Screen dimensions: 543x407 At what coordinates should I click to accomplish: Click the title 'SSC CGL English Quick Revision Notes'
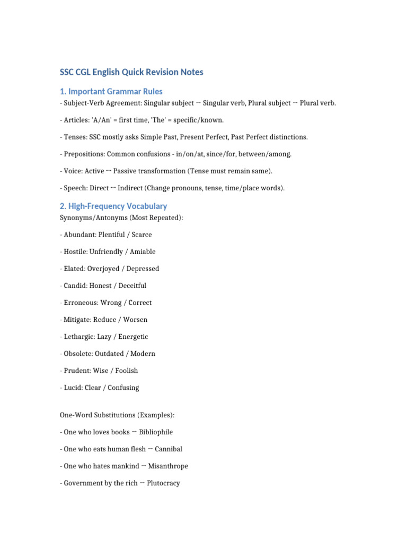[x=131, y=72]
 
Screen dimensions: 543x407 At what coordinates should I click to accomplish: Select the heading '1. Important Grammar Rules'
[x=111, y=91]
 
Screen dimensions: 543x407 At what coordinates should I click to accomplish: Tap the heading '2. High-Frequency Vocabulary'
[x=113, y=206]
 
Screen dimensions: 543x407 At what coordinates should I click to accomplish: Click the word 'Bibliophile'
[x=156, y=432]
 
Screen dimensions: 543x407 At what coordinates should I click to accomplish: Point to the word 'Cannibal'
[x=169, y=449]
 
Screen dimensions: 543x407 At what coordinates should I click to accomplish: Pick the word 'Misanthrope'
[x=168, y=466]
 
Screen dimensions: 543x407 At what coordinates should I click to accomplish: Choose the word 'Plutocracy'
[x=163, y=483]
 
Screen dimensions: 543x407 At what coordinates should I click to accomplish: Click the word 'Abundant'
[x=79, y=234]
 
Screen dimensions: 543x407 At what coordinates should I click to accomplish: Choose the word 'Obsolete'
[x=78, y=353]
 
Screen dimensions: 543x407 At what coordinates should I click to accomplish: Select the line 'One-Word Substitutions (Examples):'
[x=117, y=415]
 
